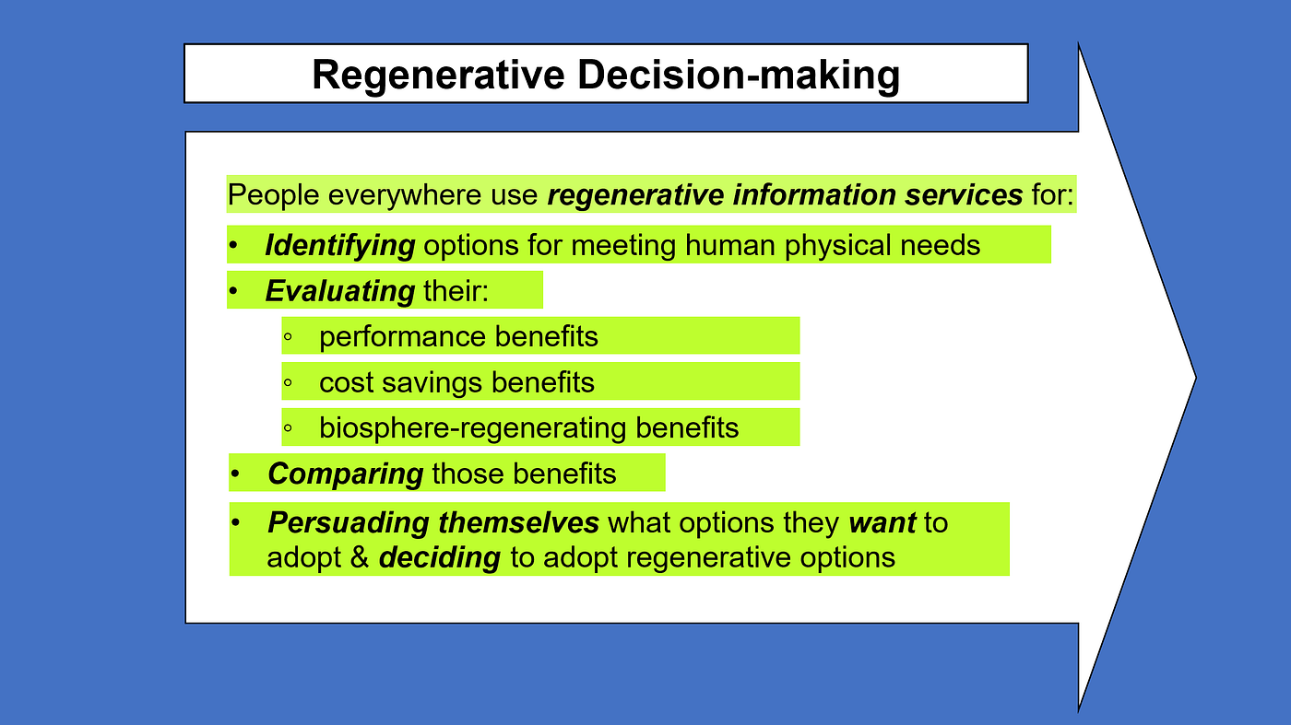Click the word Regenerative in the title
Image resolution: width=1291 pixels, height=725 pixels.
point(439,76)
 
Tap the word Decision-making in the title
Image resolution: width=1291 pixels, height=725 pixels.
point(739,76)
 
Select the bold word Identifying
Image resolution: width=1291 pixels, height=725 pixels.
point(340,246)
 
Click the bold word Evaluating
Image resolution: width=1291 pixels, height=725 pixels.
point(340,291)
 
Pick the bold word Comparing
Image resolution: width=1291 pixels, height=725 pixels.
point(346,474)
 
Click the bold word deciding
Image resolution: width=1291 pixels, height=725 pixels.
point(440,557)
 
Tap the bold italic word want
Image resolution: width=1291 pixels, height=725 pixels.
point(882,523)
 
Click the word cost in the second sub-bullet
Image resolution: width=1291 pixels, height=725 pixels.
point(346,383)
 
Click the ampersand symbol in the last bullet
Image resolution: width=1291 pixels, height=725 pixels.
point(360,557)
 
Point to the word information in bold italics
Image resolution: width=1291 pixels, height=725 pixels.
point(814,194)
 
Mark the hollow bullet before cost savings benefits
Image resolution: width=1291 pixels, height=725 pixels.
point(288,382)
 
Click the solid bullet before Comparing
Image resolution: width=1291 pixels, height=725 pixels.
point(235,474)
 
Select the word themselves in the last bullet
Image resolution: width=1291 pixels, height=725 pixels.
point(518,523)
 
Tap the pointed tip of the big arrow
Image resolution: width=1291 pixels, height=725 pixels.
point(1196,378)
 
